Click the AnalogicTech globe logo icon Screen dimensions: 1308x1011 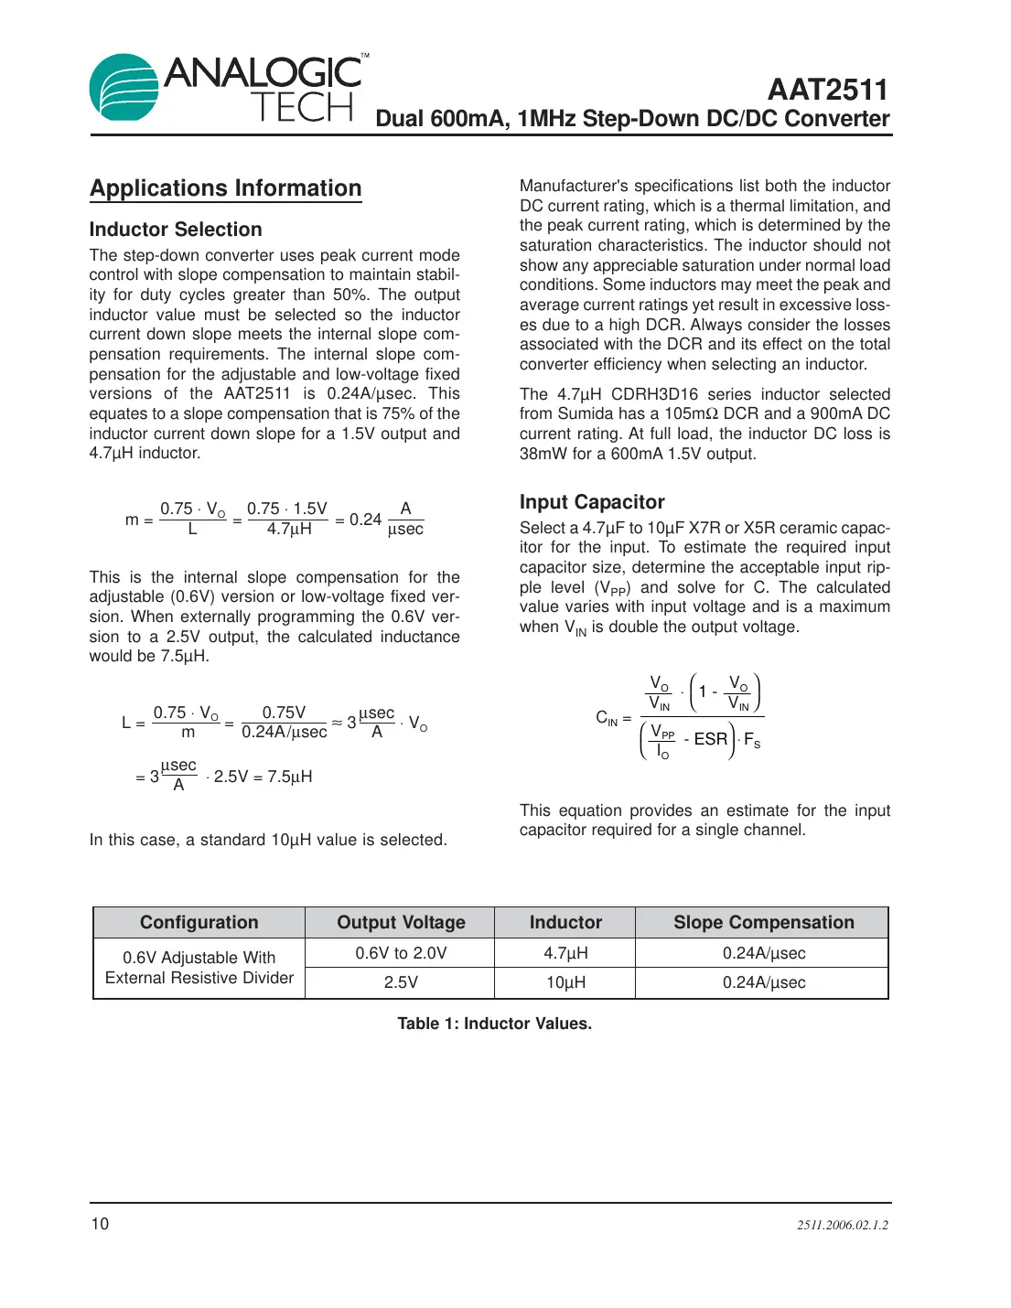[124, 88]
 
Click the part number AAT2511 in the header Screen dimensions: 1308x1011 [827, 90]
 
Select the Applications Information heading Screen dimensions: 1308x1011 [226, 188]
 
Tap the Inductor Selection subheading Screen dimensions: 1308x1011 [176, 230]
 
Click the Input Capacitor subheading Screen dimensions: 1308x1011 [592, 502]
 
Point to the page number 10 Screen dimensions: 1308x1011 [100, 1224]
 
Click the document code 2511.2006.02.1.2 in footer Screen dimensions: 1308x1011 [842, 1225]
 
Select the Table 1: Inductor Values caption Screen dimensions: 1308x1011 [494, 1024]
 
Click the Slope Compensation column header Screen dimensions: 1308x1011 [763, 922]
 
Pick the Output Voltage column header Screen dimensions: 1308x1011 [401, 922]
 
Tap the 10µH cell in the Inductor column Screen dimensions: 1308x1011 [565, 982]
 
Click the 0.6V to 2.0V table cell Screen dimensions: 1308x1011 [401, 953]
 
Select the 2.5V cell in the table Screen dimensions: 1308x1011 [401, 982]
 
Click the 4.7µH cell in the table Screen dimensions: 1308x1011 [565, 953]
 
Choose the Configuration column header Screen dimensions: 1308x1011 [199, 922]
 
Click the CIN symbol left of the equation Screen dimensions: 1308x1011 [608, 719]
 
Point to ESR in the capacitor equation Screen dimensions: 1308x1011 [710, 739]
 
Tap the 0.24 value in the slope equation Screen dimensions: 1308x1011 [365, 520]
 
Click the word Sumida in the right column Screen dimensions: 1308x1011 [584, 414]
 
